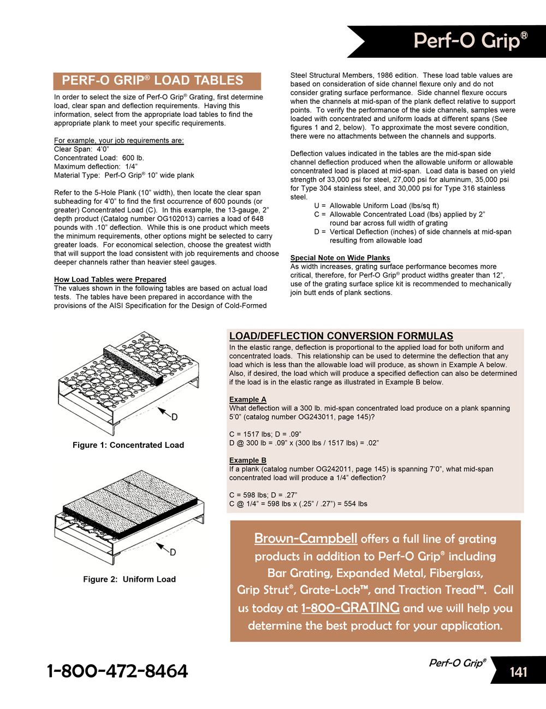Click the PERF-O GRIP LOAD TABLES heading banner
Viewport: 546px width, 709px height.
[x=157, y=81]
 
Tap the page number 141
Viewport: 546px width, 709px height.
[x=518, y=672]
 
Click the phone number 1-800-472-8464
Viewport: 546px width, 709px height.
[x=117, y=671]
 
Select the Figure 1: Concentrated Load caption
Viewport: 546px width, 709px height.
[x=128, y=445]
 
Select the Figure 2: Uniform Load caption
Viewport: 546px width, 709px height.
[x=129, y=579]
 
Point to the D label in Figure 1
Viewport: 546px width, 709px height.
[x=174, y=417]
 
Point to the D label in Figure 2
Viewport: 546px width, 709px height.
[x=173, y=552]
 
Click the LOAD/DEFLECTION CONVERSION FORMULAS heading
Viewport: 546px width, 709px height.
[x=341, y=336]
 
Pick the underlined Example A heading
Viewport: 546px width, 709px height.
[x=248, y=399]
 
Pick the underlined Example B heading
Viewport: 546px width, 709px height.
[x=248, y=460]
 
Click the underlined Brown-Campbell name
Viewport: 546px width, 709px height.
[x=306, y=539]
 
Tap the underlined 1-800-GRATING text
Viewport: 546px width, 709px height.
[x=351, y=608]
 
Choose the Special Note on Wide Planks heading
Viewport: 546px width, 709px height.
[x=340, y=258]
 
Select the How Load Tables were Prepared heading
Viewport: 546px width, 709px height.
[x=110, y=280]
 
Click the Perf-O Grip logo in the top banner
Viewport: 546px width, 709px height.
[x=470, y=41]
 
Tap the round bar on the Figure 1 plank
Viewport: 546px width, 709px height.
[x=134, y=365]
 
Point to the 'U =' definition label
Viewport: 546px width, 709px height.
[x=320, y=206]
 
